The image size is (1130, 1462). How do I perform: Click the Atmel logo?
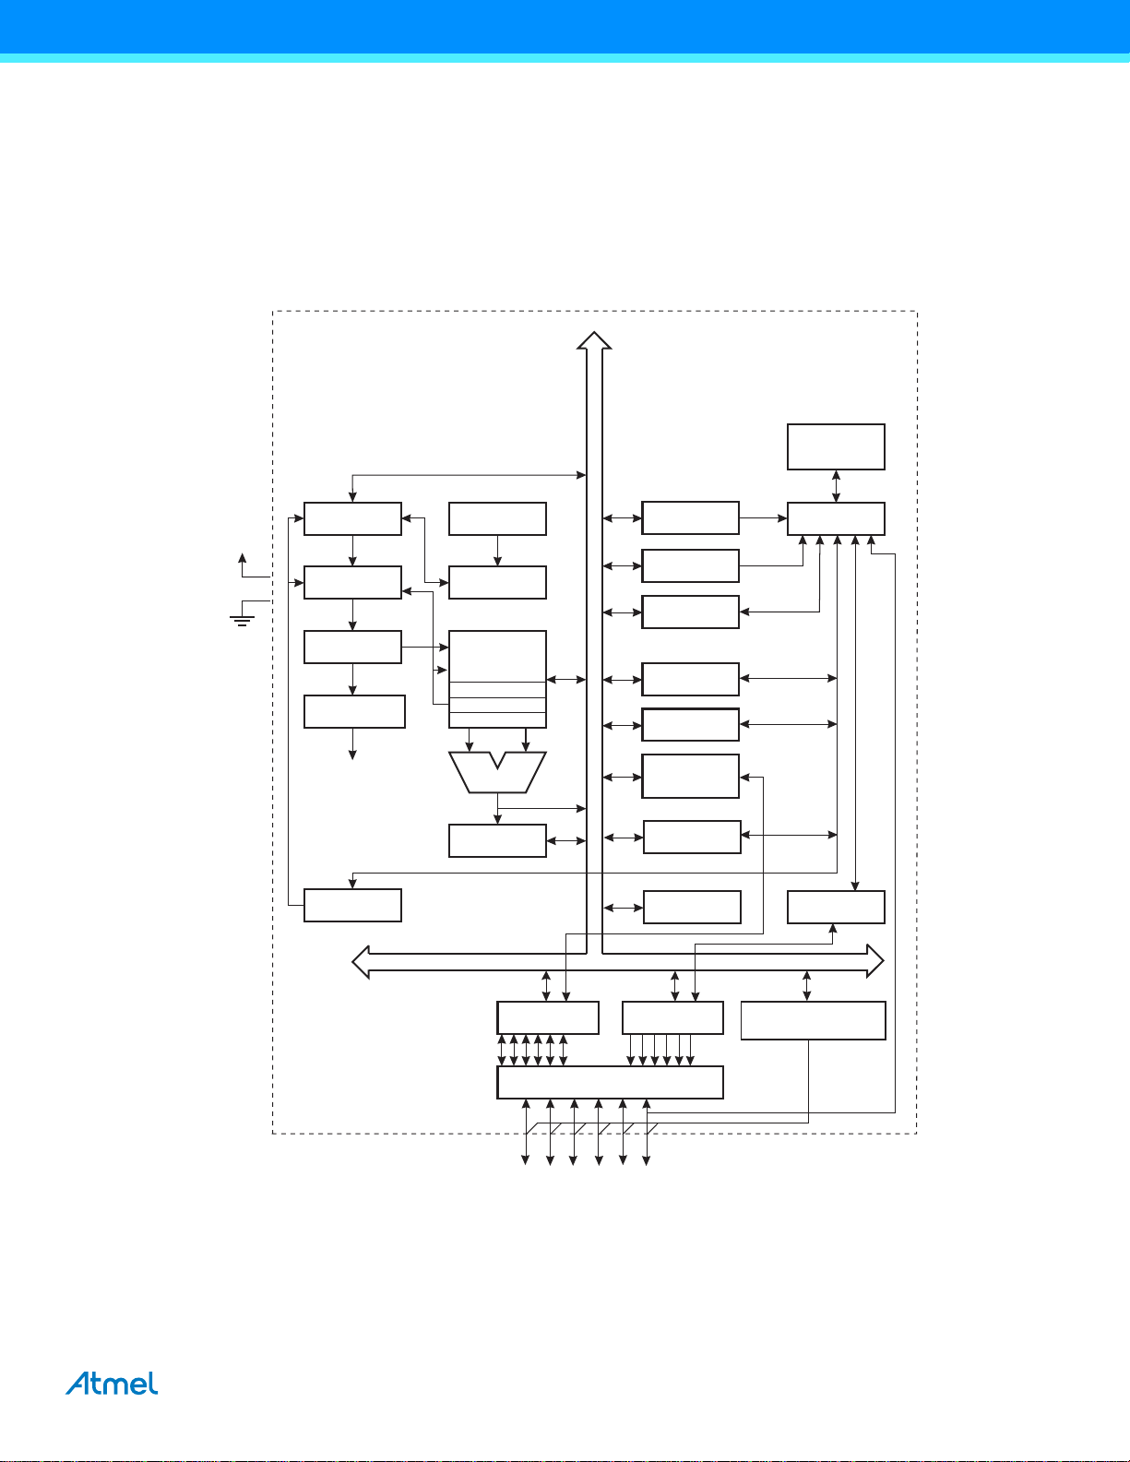(112, 1384)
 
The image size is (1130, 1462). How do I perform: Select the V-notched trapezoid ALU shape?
(497, 772)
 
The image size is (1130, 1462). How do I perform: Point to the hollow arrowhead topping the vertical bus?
(594, 340)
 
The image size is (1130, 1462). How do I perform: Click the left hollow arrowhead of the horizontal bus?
(362, 962)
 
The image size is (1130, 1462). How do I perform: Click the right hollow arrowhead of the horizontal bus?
(874, 961)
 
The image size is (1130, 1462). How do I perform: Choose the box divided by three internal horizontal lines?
(497, 679)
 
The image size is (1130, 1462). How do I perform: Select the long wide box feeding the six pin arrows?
(610, 1082)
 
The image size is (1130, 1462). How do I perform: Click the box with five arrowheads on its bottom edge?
(836, 518)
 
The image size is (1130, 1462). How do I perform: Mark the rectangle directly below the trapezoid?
(497, 840)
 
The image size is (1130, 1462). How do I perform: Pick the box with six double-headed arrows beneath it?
(548, 1017)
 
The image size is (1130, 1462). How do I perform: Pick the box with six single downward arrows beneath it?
(672, 1017)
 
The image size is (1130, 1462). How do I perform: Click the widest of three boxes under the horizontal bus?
(814, 1020)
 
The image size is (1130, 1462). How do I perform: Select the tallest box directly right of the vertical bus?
(690, 776)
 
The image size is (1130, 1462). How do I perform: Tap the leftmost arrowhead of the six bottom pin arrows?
(525, 1159)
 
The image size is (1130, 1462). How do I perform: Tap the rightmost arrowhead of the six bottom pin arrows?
(647, 1159)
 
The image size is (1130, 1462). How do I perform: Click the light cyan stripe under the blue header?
(565, 58)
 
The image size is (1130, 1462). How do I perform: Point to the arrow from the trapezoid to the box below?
(497, 809)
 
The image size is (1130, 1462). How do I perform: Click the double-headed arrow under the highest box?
(836, 486)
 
